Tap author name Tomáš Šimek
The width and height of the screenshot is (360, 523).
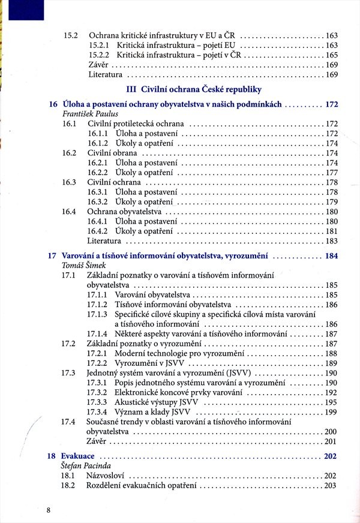tap(83, 265)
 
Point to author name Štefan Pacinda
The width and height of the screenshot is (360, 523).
tap(88, 465)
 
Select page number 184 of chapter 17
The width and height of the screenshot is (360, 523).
tap(331, 256)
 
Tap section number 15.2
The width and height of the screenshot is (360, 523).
tap(71, 35)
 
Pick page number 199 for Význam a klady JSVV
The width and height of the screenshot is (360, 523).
tap(331, 412)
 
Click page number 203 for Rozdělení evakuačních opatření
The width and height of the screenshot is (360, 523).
tap(331, 485)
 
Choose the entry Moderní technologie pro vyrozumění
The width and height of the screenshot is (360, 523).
tap(179, 354)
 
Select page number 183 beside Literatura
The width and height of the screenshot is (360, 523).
tap(331, 241)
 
